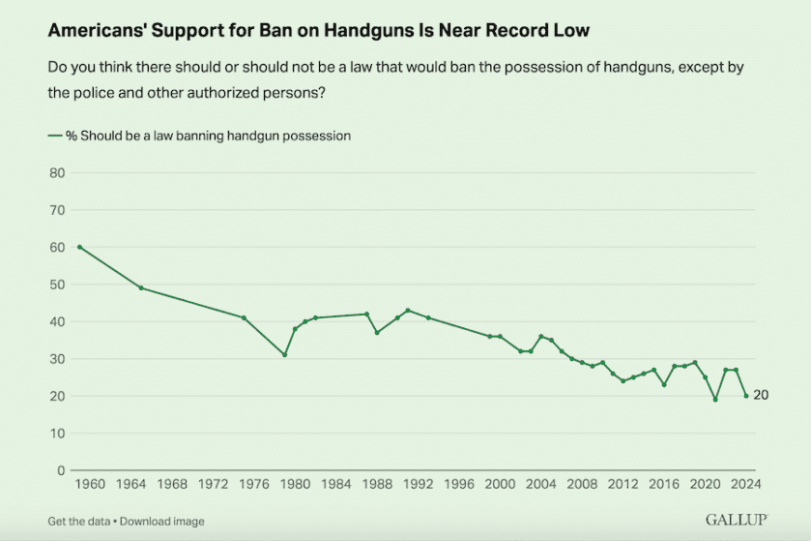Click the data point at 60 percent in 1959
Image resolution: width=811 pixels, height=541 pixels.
pos(79,247)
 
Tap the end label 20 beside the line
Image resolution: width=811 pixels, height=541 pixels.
pos(761,396)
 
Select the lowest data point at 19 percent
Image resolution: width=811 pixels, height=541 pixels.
pos(715,400)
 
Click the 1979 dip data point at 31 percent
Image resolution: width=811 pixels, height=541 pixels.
pos(285,355)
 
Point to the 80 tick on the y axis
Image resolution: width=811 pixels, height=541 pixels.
pos(56,173)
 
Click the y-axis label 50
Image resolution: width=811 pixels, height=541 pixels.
pos(56,285)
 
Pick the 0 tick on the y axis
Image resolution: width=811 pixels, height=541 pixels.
pos(60,470)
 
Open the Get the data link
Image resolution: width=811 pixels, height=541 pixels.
pos(80,522)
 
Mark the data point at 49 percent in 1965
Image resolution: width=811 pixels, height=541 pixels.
pos(141,287)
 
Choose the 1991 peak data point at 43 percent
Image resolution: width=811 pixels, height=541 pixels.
pos(408,310)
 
